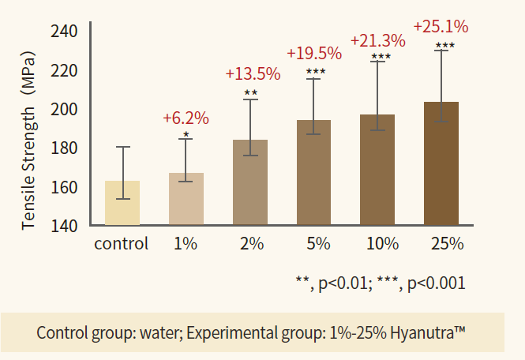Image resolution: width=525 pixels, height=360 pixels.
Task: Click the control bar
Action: pyautogui.click(x=122, y=204)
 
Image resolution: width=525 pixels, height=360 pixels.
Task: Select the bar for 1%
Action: pyautogui.click(x=186, y=200)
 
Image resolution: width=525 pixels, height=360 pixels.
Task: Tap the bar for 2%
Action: pyautogui.click(x=250, y=183)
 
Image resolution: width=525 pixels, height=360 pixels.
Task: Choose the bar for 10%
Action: pyautogui.click(x=377, y=171)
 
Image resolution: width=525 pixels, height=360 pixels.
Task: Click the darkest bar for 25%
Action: pyautogui.click(x=441, y=164)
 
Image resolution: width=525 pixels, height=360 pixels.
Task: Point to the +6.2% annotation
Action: pyautogui.click(x=186, y=119)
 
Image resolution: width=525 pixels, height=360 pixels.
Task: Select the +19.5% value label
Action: pyautogui.click(x=314, y=54)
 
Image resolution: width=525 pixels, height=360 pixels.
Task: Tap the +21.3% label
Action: pyautogui.click(x=377, y=39)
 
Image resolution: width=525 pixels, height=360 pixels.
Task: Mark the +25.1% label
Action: pyautogui.click(x=441, y=27)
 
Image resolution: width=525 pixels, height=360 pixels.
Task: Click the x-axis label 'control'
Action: pyautogui.click(x=122, y=243)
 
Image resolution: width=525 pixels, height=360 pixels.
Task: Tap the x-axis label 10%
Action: pyautogui.click(x=382, y=244)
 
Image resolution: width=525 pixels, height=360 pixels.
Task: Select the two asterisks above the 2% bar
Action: pyautogui.click(x=250, y=94)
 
